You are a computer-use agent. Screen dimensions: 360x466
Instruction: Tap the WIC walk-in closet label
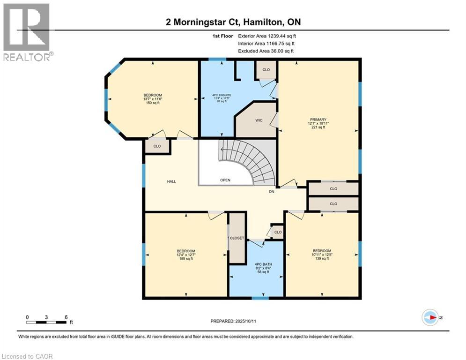coord(259,120)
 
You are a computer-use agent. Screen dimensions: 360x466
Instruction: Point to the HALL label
coord(171,181)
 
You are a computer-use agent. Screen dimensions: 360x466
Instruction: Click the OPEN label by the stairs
coord(226,180)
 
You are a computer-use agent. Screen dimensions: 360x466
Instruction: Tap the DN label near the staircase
coord(271,191)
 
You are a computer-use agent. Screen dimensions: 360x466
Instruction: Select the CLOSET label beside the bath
coord(237,238)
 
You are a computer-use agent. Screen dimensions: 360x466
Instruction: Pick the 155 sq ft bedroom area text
coord(185,259)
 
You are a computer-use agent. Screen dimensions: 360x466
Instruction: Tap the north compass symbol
coord(430,317)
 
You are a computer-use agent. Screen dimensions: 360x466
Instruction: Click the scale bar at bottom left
coord(47,322)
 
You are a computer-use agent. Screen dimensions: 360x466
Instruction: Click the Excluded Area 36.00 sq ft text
coord(266,51)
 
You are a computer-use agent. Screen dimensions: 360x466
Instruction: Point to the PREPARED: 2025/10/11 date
coord(233,321)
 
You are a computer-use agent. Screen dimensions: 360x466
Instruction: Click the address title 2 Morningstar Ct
coord(233,22)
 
